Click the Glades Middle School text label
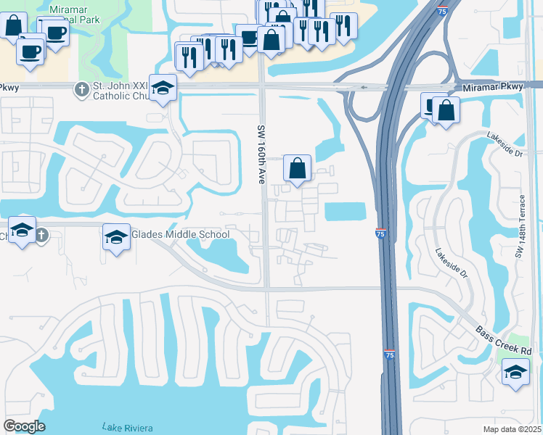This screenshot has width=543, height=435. point(180,234)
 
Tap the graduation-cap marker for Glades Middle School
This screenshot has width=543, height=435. point(116,237)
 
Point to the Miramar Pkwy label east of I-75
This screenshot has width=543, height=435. point(491,88)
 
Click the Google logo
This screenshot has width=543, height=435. point(25,426)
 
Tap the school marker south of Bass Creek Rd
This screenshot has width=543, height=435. point(515,373)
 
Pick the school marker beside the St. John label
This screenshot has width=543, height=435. point(163,88)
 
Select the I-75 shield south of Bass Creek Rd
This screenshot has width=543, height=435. point(389,355)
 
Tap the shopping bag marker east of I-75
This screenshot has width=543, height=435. point(446,110)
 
